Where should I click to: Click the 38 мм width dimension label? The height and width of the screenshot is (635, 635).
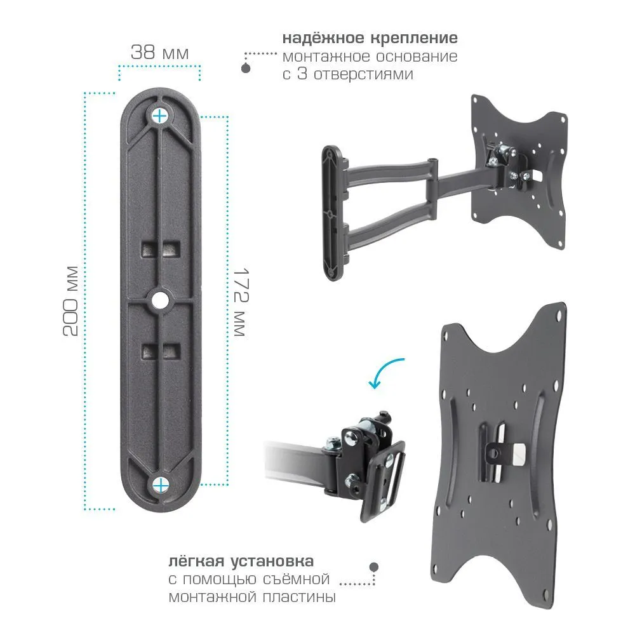click(159, 52)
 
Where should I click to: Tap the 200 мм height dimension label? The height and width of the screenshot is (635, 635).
click(71, 301)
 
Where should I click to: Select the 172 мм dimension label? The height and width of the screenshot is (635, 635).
click(241, 302)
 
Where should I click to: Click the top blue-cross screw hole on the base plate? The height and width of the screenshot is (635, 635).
click(160, 116)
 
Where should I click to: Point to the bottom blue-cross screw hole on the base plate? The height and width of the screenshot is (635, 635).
click(161, 485)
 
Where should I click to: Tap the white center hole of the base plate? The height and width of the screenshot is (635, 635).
click(161, 300)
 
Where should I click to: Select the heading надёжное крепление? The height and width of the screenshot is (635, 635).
click(370, 38)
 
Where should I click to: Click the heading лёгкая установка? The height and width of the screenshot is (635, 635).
click(241, 561)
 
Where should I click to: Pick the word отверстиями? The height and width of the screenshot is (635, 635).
click(363, 74)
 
